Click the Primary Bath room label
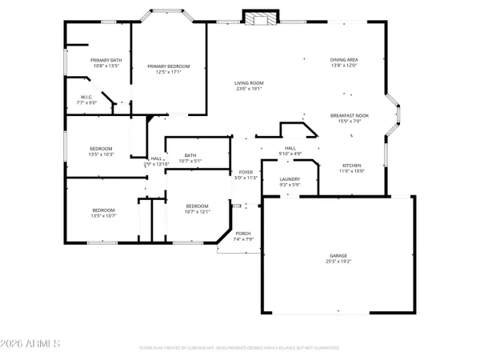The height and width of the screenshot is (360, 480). (x=106, y=60)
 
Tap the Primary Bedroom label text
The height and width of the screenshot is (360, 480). (x=168, y=66)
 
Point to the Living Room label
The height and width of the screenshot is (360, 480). (x=249, y=82)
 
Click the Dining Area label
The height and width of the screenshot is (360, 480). (x=343, y=60)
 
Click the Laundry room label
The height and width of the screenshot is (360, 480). (x=290, y=179)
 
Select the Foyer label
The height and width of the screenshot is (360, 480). (x=246, y=172)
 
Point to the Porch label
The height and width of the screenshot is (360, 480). (x=242, y=234)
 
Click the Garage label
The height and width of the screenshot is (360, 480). (x=337, y=256)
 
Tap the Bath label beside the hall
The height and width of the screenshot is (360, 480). (x=190, y=155)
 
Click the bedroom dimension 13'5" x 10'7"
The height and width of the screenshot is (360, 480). (x=104, y=215)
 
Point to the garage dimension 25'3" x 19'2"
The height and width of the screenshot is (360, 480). (x=337, y=262)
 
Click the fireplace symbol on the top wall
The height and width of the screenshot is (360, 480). (x=260, y=18)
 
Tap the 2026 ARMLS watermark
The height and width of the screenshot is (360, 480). (x=32, y=344)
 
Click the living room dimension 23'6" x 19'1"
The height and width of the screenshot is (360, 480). (x=249, y=89)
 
